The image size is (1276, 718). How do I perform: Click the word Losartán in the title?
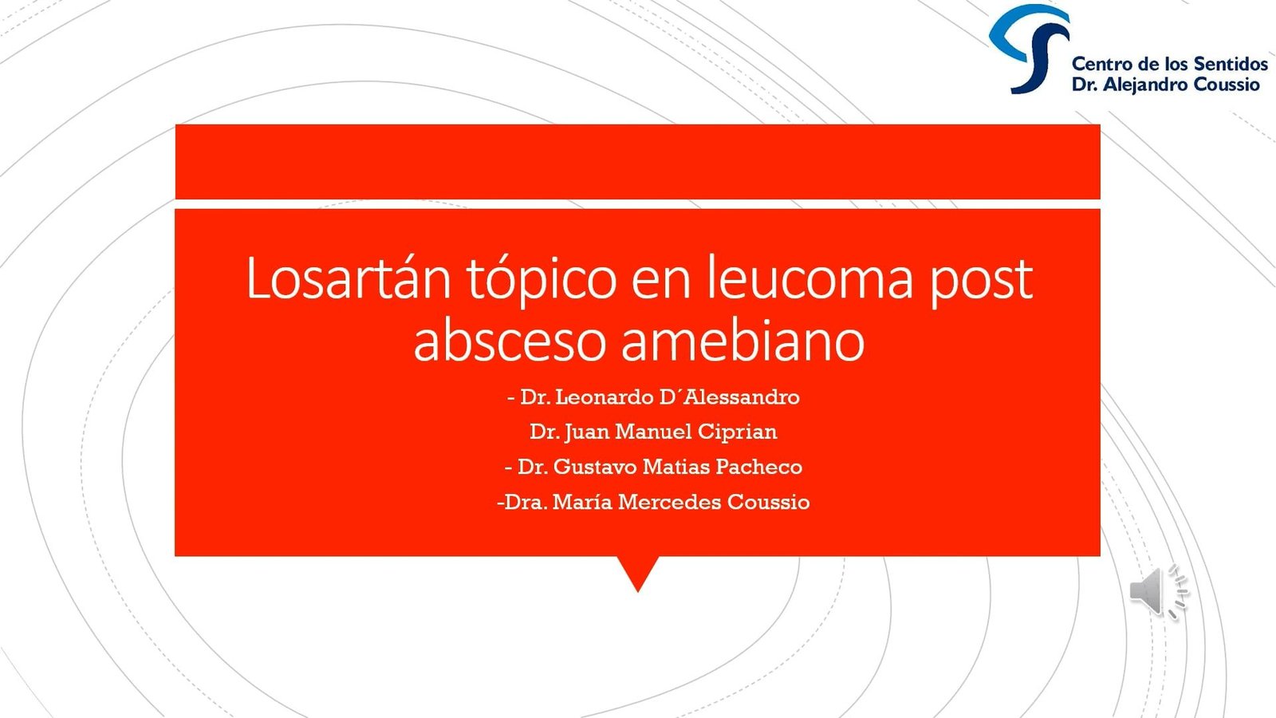(348, 278)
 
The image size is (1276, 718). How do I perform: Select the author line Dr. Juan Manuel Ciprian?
(653, 432)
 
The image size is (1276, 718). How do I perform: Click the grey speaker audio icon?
(1158, 592)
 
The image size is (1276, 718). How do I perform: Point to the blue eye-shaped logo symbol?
(1030, 48)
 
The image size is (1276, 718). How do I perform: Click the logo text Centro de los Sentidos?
(1169, 63)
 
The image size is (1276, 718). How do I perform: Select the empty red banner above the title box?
(637, 162)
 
